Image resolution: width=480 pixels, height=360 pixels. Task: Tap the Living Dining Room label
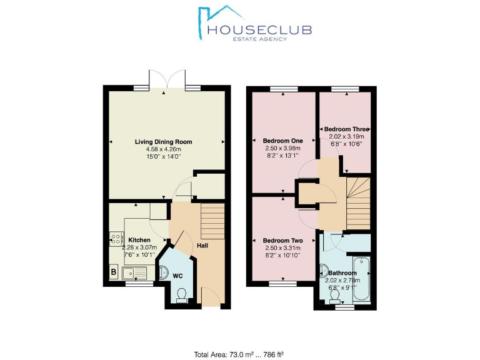[164, 142]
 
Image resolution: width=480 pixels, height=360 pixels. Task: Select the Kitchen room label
[139, 240]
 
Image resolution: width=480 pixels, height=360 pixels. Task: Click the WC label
[177, 276]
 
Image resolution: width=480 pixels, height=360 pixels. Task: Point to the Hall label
[202, 245]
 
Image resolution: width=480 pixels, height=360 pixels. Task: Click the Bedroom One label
[282, 141]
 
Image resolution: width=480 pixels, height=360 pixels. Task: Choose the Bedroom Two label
[282, 241]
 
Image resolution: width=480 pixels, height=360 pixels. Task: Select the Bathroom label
[342, 273]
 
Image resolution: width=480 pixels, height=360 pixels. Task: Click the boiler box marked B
[113, 272]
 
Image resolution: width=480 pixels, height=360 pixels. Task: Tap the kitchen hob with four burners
[116, 238]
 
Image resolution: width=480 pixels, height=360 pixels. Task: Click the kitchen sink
[134, 272]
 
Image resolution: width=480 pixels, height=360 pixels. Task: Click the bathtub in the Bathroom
[362, 276]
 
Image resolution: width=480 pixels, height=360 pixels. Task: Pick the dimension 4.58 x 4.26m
[164, 149]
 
